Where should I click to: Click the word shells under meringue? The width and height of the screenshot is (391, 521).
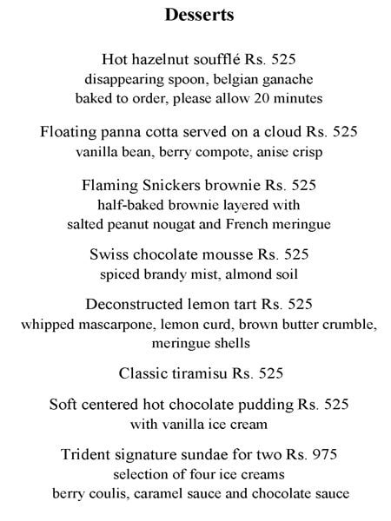click(223, 344)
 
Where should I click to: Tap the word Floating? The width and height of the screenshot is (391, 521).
click(68, 133)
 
